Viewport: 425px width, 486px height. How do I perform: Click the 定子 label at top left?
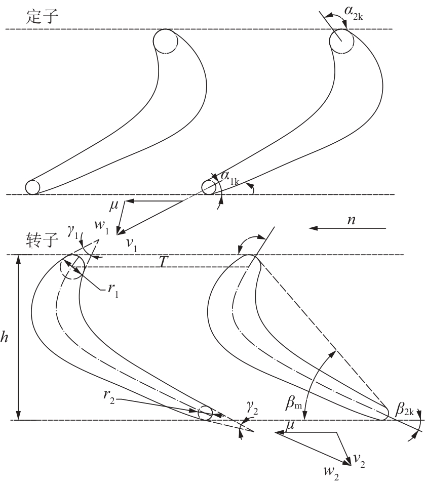pyautogui.click(x=42, y=16)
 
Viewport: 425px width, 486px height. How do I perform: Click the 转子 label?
pyautogui.click(x=42, y=240)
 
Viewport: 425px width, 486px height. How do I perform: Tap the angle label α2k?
pyautogui.click(x=354, y=13)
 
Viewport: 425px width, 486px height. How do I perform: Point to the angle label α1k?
pyautogui.click(x=229, y=178)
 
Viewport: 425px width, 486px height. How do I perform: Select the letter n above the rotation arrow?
pyautogui.click(x=351, y=220)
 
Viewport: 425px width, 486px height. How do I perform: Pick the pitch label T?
pyautogui.click(x=164, y=263)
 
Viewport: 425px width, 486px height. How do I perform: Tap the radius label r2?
pyautogui.click(x=109, y=397)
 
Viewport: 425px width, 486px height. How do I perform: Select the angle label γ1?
pyautogui.click(x=72, y=232)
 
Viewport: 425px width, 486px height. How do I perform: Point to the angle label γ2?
pyautogui.click(x=253, y=408)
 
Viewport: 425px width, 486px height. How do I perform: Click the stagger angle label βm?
pyautogui.click(x=293, y=403)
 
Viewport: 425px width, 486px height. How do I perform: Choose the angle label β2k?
pyautogui.click(x=405, y=409)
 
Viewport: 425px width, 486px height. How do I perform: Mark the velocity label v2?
pyautogui.click(x=360, y=461)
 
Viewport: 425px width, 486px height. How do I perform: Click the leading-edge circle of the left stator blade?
pyautogui.click(x=165, y=42)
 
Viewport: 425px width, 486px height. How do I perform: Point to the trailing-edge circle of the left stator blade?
pyautogui.click(x=32, y=187)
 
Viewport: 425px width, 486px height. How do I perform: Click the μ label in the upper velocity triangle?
pyautogui.click(x=114, y=206)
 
